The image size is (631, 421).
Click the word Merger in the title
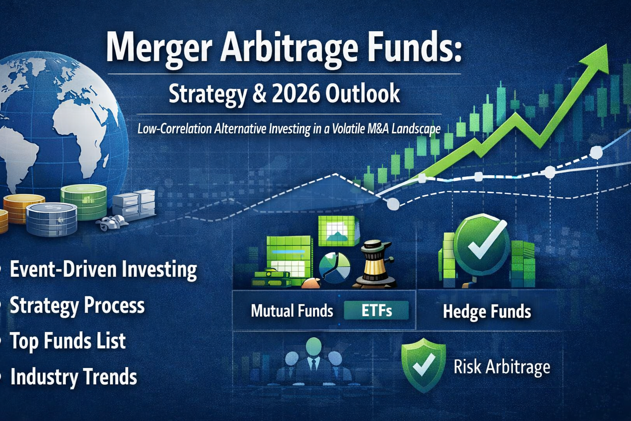(x=159, y=49)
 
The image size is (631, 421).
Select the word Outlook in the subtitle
(x=363, y=94)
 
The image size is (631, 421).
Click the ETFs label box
(x=376, y=311)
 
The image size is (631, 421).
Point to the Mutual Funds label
(x=292, y=311)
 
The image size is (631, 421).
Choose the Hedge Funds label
(x=487, y=312)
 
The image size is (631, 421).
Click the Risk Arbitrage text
(x=502, y=367)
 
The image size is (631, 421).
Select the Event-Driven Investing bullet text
(x=103, y=270)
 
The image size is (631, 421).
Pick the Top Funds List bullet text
(x=68, y=341)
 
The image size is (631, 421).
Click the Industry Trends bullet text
(x=74, y=377)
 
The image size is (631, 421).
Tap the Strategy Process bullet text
(x=77, y=305)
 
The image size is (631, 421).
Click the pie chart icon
(x=334, y=268)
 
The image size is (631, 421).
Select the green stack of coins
(x=83, y=202)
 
